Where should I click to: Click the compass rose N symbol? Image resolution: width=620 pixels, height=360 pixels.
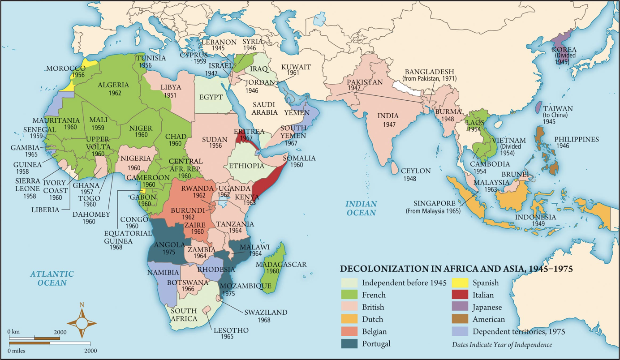tap(82, 305)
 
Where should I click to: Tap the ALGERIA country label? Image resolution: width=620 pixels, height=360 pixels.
tap(113, 85)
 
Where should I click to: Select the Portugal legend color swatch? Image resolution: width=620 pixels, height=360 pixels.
tap(349, 343)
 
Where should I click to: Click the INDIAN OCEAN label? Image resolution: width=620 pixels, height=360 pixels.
tap(361, 208)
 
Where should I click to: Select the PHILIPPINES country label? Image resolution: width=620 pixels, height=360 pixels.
tap(576, 140)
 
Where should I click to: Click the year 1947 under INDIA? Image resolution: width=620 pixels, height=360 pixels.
tap(388, 124)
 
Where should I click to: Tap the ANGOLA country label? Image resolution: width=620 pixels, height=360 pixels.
tap(169, 244)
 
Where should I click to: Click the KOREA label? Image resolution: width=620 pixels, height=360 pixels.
tap(564, 50)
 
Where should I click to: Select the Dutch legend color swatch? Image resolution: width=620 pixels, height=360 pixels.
tap(349, 319)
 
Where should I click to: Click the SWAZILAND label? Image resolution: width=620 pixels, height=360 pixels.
tap(266, 312)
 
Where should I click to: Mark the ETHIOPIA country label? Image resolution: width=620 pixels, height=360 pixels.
tap(246, 166)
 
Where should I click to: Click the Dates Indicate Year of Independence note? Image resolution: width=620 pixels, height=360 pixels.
tap(502, 344)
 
